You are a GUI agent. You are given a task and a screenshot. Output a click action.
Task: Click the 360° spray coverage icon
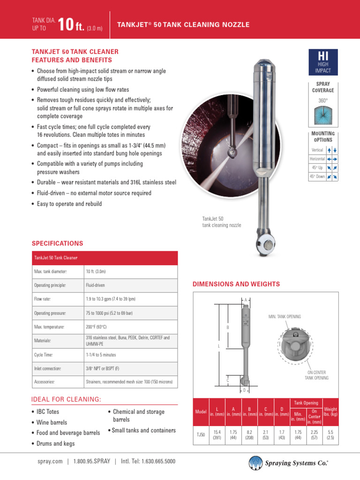click(323, 115)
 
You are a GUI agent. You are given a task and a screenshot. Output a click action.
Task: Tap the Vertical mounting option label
click(317, 150)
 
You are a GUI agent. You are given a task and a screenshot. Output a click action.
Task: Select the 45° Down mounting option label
click(317, 176)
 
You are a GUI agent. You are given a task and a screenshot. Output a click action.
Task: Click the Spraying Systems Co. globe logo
click(256, 462)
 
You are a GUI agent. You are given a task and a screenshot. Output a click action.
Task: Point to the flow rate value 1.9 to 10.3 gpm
click(111, 299)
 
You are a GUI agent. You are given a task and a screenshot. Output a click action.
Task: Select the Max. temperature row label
click(49, 327)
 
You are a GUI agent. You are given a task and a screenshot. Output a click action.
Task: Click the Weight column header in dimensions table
click(330, 412)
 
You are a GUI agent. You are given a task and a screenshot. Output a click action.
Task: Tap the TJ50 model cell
click(200, 435)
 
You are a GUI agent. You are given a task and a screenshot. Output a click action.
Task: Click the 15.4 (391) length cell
click(217, 435)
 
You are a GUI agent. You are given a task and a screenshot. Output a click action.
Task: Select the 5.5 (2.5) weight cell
click(330, 435)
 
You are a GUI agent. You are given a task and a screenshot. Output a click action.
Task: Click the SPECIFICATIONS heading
click(57, 243)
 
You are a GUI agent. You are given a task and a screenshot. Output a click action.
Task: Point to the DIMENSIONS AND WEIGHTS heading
click(236, 284)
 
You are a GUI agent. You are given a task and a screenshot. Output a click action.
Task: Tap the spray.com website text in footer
click(50, 461)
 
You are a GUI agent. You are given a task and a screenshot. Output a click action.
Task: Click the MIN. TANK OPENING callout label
click(285, 317)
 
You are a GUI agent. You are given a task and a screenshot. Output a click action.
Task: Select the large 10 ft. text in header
click(73, 24)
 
